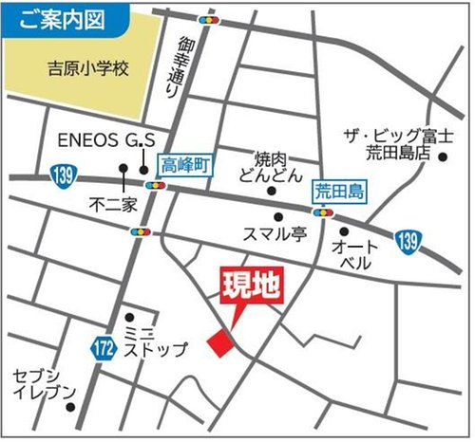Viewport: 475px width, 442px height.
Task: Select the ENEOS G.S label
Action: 106,140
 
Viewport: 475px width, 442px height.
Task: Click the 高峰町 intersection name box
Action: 183,165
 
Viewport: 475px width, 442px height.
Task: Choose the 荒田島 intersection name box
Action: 339,190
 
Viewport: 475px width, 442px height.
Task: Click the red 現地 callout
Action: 252,287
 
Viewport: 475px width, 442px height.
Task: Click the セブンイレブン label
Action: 39,383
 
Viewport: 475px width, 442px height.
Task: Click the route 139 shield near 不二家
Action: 62,175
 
